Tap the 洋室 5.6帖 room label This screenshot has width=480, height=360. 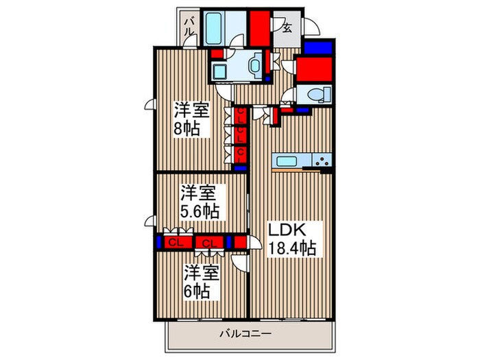[200, 201]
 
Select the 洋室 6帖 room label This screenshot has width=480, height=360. [200, 281]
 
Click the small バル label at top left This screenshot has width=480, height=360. [189, 27]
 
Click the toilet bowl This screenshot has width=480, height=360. [317, 95]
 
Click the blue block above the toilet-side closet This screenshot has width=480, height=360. [317, 48]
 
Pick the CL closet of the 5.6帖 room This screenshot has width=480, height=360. [176, 242]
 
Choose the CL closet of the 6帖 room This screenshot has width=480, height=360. [209, 242]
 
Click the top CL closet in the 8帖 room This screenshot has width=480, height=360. [241, 115]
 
